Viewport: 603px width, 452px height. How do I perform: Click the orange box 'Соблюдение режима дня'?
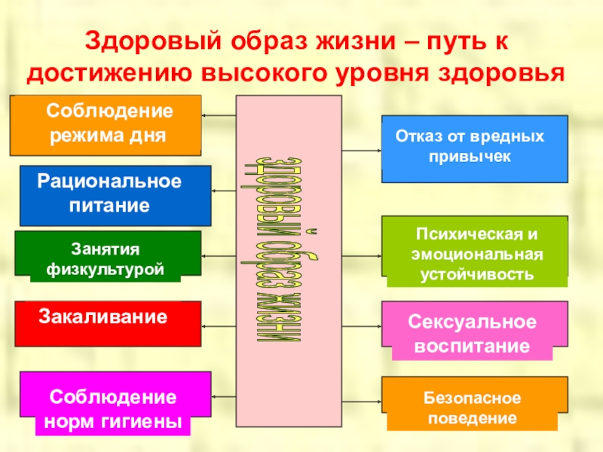[106, 124]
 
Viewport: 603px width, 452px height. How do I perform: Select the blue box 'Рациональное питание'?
[115, 195]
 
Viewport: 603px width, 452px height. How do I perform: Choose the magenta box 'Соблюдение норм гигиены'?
[115, 402]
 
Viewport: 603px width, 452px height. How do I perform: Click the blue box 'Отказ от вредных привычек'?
[475, 148]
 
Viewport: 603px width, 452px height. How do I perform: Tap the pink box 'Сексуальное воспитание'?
[475, 329]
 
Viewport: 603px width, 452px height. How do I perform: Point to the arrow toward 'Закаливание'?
[219, 325]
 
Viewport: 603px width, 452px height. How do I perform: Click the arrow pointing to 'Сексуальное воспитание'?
[362, 326]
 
